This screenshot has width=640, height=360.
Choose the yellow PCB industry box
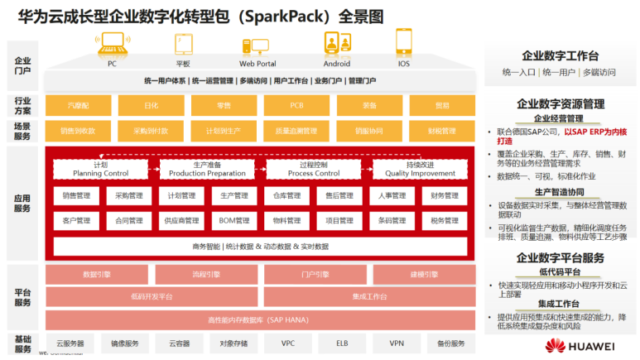(x=296, y=105)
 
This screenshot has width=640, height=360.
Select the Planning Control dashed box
(x=100, y=169)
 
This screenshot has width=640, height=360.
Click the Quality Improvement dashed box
(x=421, y=169)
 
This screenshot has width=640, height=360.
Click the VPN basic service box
(x=397, y=343)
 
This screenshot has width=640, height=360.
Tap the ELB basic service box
(x=342, y=343)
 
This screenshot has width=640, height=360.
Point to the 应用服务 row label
(x=22, y=204)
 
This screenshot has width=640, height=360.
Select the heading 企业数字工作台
(x=560, y=56)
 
